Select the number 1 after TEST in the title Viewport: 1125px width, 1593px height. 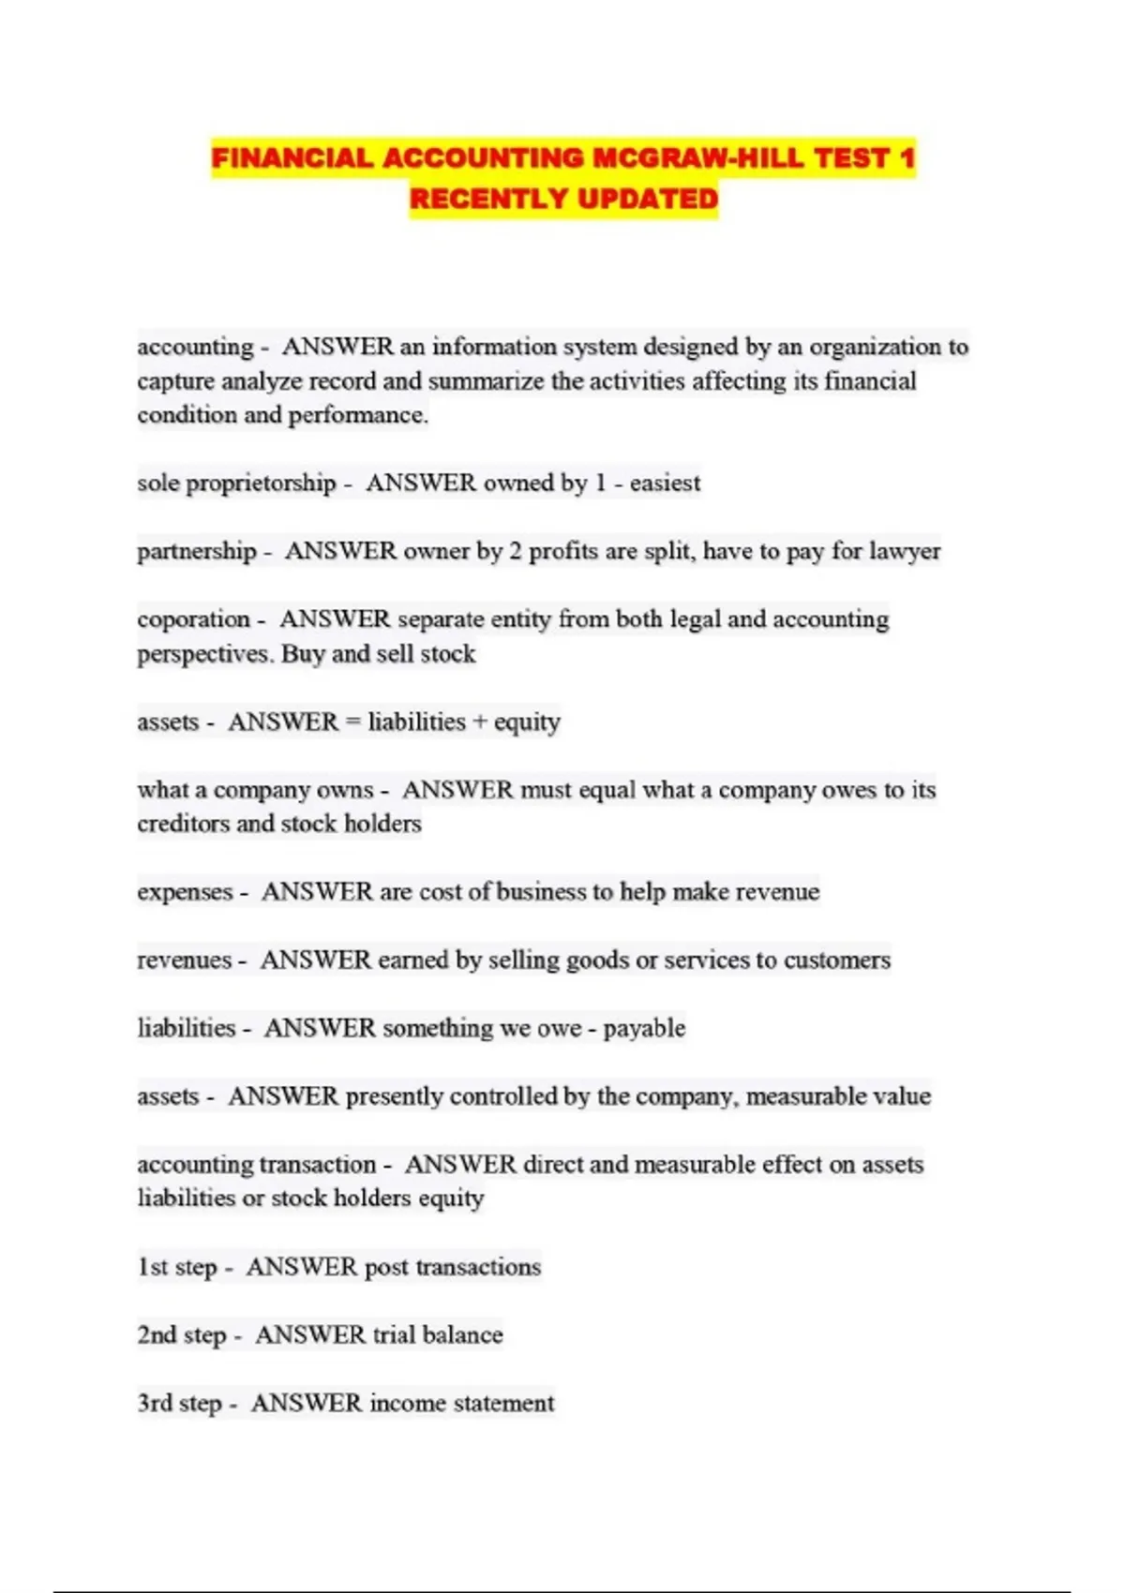tap(906, 158)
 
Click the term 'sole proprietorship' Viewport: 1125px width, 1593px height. tap(236, 483)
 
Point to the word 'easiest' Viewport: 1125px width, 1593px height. tap(665, 483)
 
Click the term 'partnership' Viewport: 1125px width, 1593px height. tap(197, 551)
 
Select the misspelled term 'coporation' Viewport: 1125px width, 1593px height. tap(194, 619)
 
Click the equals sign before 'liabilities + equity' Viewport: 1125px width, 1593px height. tap(352, 722)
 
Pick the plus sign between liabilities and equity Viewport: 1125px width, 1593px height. tap(480, 722)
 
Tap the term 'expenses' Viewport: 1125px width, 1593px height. tap(185, 891)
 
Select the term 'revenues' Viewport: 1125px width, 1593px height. tap(184, 960)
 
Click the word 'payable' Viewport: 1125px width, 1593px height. tap(644, 1028)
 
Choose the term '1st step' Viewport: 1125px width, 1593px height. tap(177, 1267)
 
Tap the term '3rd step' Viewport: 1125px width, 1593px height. tap(180, 1403)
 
